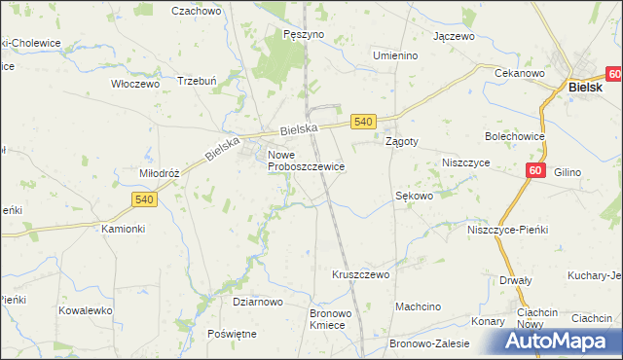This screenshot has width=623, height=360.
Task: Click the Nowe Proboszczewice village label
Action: tap(306, 161)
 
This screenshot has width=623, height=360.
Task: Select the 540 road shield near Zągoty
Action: tap(363, 121)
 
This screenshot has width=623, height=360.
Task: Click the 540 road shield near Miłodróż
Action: tap(143, 199)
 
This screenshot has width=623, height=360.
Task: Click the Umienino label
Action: tap(395, 55)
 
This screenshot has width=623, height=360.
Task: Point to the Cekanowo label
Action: tap(520, 74)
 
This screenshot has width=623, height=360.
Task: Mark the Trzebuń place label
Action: tap(195, 81)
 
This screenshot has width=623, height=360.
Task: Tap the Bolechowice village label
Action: tap(515, 137)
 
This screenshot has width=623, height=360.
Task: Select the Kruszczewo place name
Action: tap(361, 275)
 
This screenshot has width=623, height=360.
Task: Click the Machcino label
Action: tap(418, 307)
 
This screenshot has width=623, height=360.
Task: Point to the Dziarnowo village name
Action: tap(257, 303)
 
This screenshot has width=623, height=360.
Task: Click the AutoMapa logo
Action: tap(559, 342)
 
